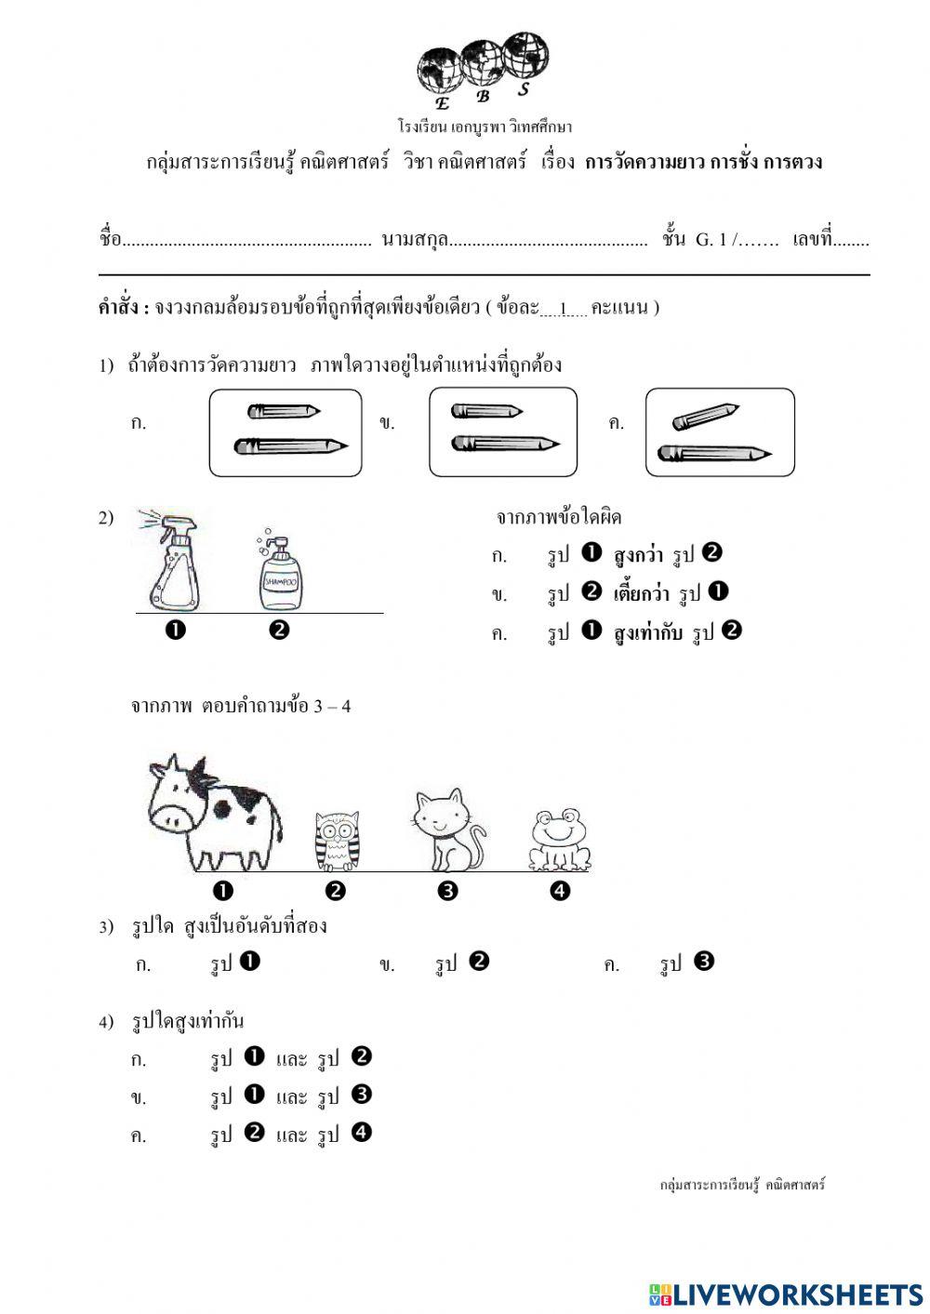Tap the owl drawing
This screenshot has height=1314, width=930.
(x=337, y=841)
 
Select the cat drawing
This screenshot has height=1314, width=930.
(x=447, y=830)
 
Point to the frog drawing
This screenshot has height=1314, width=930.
(x=559, y=841)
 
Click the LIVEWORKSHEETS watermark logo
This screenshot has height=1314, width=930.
(x=785, y=1294)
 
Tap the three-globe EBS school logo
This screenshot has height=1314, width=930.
(x=483, y=70)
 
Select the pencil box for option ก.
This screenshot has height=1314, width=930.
(x=286, y=432)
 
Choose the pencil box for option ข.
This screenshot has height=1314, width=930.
(x=503, y=432)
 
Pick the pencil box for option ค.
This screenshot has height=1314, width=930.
(x=720, y=432)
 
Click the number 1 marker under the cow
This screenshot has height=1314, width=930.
(x=222, y=891)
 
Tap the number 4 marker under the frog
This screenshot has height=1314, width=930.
(x=559, y=891)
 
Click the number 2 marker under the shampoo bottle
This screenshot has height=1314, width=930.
(x=278, y=630)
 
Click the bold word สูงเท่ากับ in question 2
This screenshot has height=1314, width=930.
(x=648, y=633)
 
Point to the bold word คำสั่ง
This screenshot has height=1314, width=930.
(x=123, y=308)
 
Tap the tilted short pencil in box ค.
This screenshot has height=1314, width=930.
(x=705, y=417)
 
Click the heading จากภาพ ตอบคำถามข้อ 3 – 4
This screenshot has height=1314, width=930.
(x=241, y=706)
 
